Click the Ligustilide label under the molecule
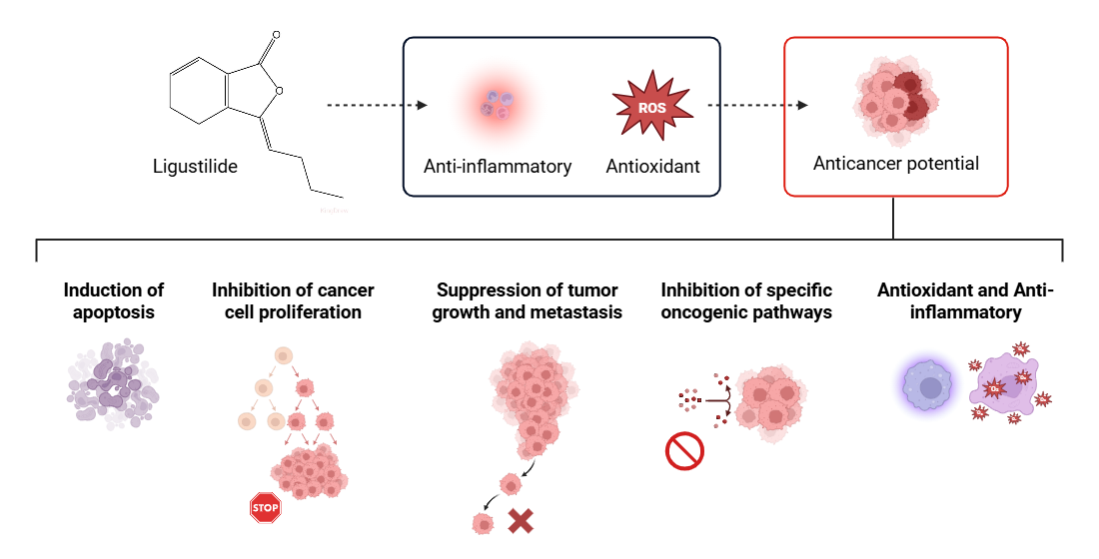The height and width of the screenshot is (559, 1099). coord(195,166)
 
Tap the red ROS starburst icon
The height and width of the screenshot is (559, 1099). coord(652,106)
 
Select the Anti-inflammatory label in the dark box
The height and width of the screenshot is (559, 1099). coord(498,166)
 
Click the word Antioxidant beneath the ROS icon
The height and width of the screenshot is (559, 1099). coord(652,166)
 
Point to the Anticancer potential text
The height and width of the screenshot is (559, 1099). coord(895,163)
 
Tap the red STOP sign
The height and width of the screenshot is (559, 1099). coord(265,507)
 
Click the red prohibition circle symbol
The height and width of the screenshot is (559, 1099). coord(684,450)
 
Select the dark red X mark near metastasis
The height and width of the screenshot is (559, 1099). coord(520,520)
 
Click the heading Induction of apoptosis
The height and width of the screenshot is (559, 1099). coord(114,301)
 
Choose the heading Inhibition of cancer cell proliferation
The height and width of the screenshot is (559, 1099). coord(293,301)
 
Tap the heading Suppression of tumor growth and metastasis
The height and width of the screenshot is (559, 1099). coord(528,301)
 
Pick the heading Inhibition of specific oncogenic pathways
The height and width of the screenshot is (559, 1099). coord(746,301)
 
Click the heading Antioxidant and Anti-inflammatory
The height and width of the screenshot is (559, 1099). coord(965,301)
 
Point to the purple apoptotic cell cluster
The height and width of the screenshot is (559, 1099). coord(113,384)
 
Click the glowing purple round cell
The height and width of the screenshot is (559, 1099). coord(930,385)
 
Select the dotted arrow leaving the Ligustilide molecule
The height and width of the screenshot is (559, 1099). coord(377,105)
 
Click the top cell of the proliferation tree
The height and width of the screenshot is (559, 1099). coord(283,356)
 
